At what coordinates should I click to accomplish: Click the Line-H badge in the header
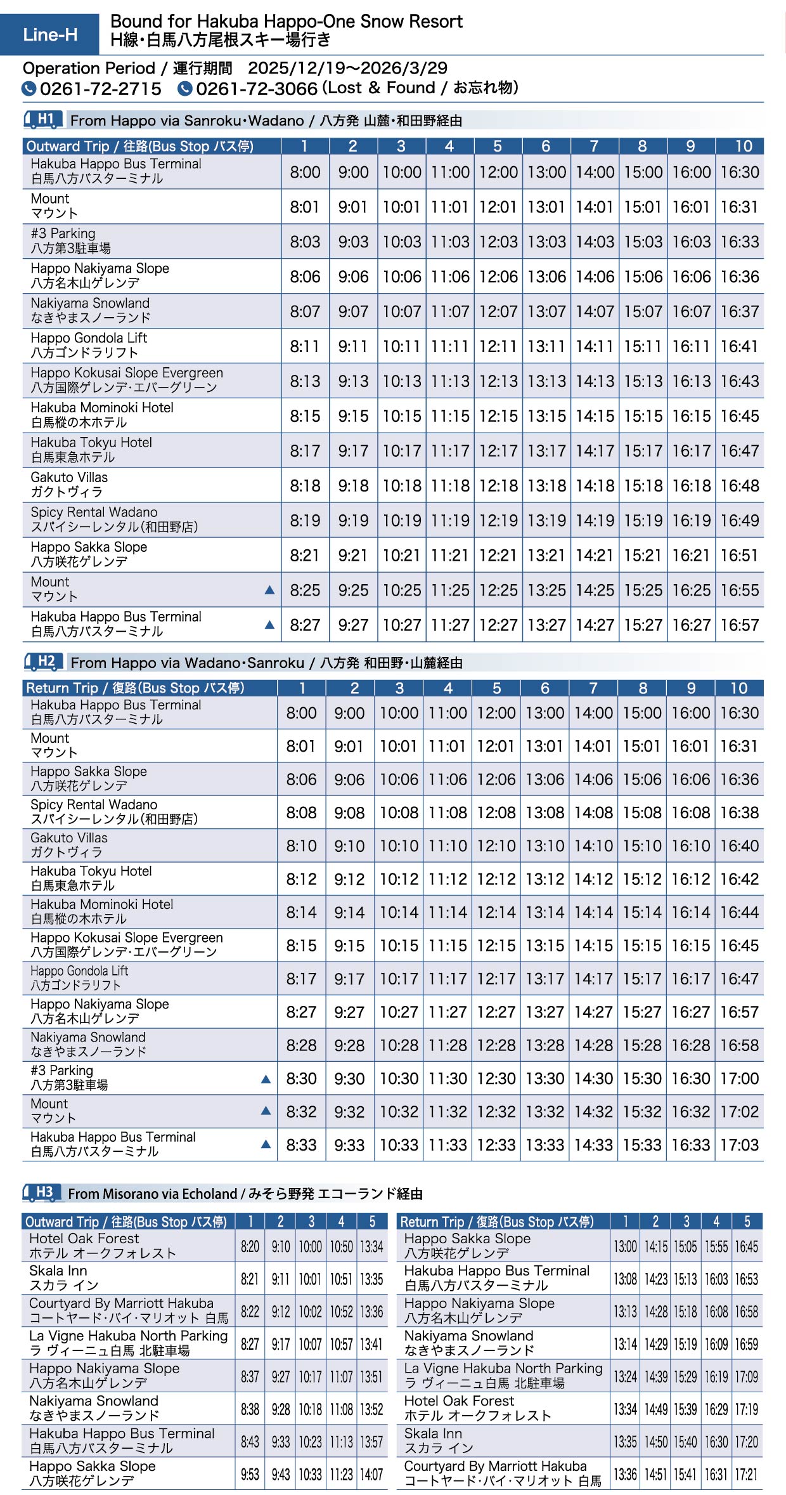coord(50,34)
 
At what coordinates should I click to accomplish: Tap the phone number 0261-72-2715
coord(100,89)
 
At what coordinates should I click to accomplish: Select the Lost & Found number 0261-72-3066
coord(256,89)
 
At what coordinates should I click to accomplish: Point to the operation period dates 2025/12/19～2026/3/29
coord(347,69)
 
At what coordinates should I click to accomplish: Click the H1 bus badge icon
coord(43,119)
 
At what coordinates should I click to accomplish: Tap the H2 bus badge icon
coord(43,662)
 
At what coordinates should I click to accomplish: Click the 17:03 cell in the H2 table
coord(739,1145)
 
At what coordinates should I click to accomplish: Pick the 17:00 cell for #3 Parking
coord(739,1078)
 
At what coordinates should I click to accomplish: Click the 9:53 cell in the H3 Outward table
coord(250,1474)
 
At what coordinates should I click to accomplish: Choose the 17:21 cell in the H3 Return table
coord(746,1474)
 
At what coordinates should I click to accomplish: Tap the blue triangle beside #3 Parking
coord(266,1079)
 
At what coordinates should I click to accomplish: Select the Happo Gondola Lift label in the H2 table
coord(79,978)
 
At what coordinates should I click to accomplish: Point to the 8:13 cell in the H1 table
coord(305,381)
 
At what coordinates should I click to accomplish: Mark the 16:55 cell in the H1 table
coord(739,591)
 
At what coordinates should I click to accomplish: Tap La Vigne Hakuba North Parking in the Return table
coord(503,1376)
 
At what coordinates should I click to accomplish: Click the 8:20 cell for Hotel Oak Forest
coord(250,1246)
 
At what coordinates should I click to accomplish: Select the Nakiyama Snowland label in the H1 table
coord(90,310)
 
